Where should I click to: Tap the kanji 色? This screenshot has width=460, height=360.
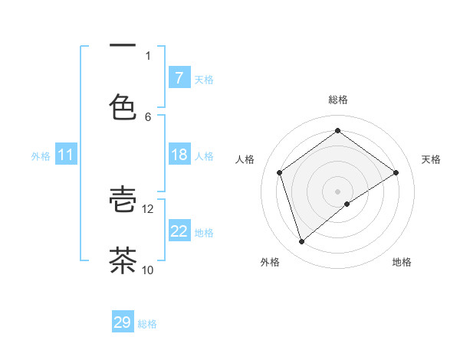tap(123, 106)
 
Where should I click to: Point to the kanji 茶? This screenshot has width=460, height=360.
tap(123, 260)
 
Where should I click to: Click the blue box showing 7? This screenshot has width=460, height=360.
tap(179, 77)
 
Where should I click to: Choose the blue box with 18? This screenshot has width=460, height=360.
tap(179, 155)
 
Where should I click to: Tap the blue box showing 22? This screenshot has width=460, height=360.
tap(179, 231)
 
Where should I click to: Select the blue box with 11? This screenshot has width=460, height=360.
tap(65, 155)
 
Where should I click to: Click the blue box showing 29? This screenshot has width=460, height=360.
tap(123, 322)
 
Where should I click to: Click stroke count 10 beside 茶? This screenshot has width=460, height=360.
tap(148, 270)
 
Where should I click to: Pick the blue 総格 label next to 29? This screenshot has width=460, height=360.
tap(148, 324)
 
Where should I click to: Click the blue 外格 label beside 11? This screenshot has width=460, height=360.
tap(41, 155)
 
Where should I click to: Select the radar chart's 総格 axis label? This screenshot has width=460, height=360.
tap(338, 100)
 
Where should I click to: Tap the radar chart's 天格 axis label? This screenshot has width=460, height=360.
tap(431, 159)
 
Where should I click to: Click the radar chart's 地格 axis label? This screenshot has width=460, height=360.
tap(402, 263)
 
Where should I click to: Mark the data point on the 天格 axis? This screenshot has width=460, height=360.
tap(396, 172)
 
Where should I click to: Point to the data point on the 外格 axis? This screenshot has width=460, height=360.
tap(301, 242)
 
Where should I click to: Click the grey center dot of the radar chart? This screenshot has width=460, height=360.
tap(338, 191)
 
